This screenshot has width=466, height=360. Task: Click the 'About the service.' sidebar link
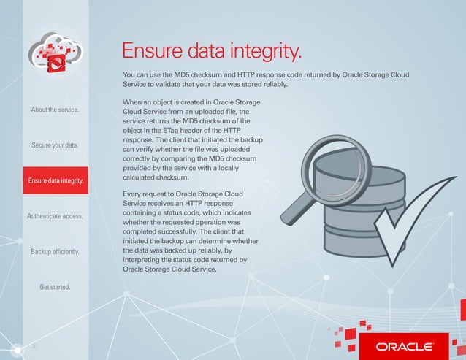click(55, 110)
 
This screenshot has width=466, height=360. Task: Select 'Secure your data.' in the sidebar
click(55, 145)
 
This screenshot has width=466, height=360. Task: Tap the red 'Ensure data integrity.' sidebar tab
click(55, 180)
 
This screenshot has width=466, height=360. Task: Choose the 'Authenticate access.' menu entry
click(55, 216)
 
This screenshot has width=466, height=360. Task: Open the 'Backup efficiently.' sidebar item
click(55, 252)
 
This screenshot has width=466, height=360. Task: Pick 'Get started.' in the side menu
click(55, 287)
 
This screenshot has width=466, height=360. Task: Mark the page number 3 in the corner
click(33, 346)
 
